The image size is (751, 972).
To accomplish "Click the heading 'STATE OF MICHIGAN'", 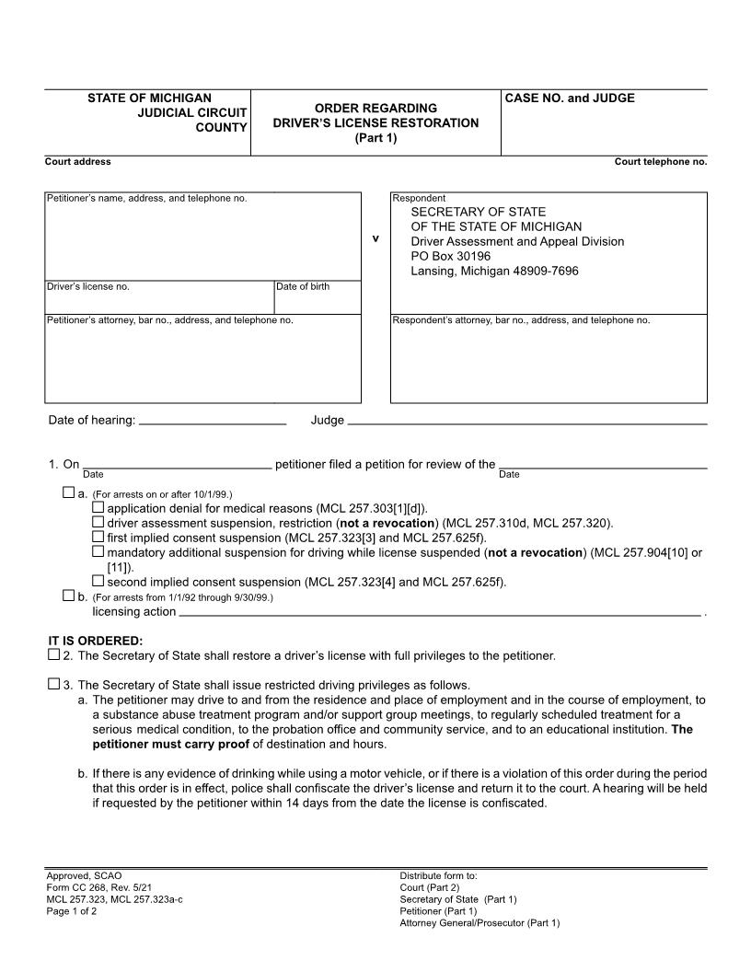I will (149, 98).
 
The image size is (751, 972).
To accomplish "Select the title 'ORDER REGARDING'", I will (375, 108).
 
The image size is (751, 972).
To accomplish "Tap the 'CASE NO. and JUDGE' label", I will (571, 98).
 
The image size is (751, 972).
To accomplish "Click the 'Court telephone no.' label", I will (660, 162).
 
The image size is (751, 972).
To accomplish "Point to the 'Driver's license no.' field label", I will (88, 286).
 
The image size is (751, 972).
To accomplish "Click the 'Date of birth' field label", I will (303, 286).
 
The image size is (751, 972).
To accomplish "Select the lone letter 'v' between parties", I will (375, 238).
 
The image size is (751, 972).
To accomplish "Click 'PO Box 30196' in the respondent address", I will (451, 256).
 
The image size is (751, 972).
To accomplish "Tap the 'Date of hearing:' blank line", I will (213, 421).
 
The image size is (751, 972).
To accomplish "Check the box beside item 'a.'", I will (68, 493).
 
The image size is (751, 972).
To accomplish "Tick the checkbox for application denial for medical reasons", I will (98, 507).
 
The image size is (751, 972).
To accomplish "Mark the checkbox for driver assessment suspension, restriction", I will (98, 522).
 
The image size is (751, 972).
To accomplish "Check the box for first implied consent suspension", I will (98, 537).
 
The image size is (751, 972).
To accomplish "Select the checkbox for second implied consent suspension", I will (98, 581).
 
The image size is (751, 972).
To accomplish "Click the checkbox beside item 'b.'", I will (68, 596).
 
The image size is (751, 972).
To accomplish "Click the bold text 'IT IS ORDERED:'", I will (96, 640).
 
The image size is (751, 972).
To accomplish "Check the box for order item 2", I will (53, 655).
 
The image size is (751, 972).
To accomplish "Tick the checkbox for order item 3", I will (53, 684).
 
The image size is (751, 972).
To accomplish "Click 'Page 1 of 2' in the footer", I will (72, 911).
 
